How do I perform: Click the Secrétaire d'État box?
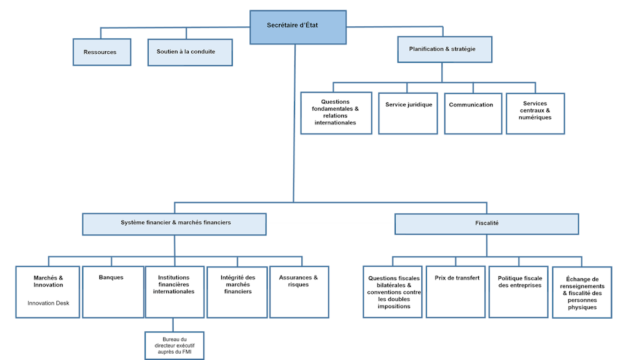click(298, 27)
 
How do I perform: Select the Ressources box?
click(101, 52)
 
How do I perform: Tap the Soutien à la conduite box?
click(190, 52)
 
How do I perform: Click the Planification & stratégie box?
click(444, 49)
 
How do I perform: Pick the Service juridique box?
click(407, 113)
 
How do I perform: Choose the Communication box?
click(472, 113)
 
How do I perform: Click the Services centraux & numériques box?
click(535, 113)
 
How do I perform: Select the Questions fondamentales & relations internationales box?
click(336, 113)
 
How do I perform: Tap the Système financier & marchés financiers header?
click(174, 224)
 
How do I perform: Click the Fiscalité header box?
click(487, 224)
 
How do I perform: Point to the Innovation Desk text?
click(49, 303)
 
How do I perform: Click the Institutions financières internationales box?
click(174, 291)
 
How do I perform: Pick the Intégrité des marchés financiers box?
click(237, 291)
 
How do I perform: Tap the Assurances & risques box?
click(299, 291)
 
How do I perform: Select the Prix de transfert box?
click(456, 291)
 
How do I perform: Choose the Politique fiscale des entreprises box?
click(518, 291)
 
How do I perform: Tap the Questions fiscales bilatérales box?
click(392, 292)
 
